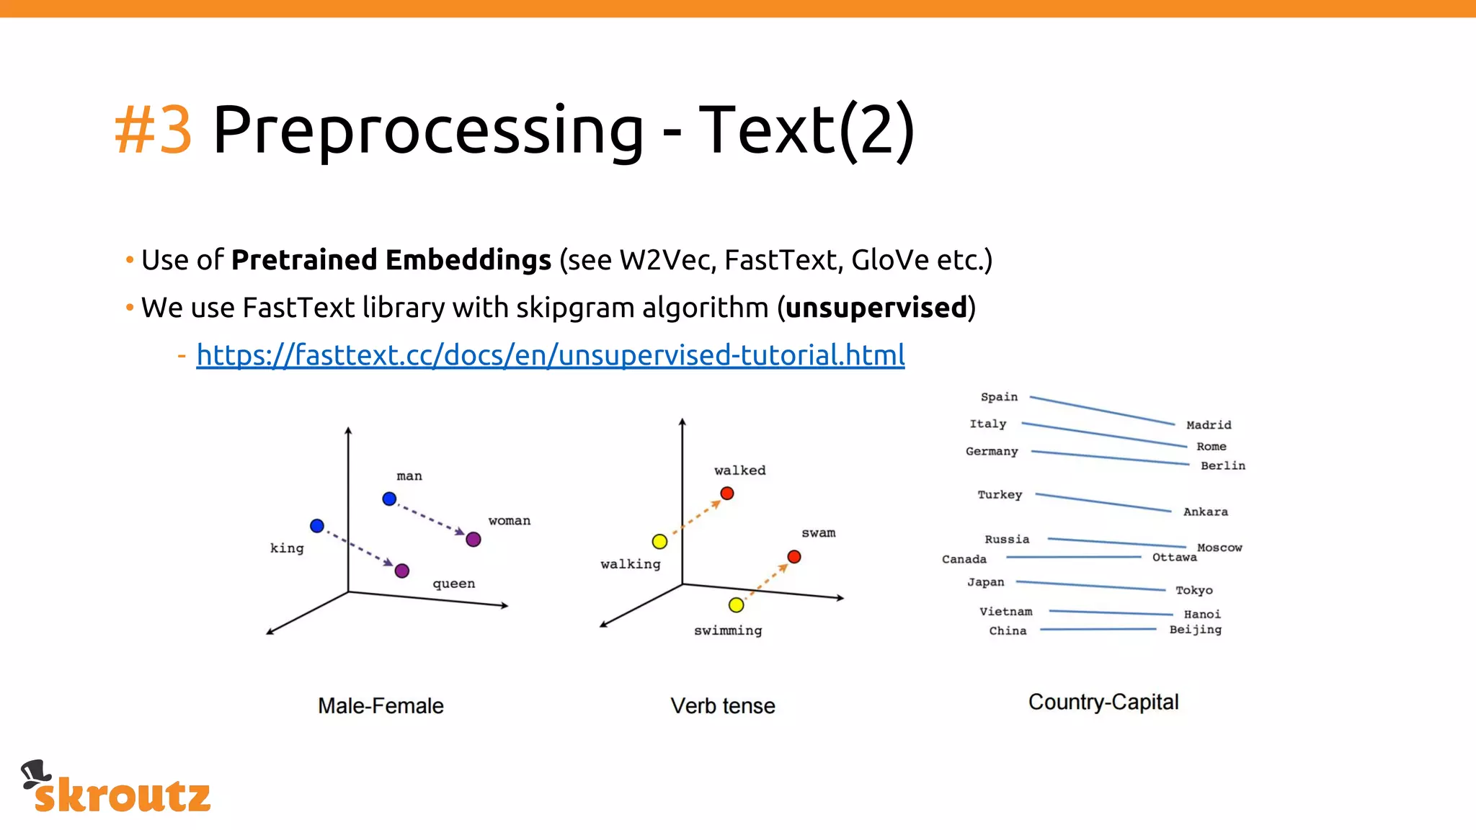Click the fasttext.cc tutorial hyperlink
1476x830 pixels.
click(550, 355)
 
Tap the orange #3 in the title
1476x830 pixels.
click(154, 130)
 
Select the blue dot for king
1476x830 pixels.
click(317, 526)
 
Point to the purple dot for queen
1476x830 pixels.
click(402, 571)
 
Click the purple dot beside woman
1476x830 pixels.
click(474, 540)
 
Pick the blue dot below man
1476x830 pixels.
click(389, 499)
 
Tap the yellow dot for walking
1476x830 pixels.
click(659, 541)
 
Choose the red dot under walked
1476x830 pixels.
click(727, 494)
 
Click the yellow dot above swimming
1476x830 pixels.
click(736, 605)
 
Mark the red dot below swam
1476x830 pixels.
click(794, 557)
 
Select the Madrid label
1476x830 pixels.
click(1209, 425)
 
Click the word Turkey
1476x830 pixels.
click(1000, 495)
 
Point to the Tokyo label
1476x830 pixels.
click(1194, 590)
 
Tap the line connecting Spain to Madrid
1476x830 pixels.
click(1102, 410)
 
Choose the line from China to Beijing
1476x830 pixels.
click(1098, 630)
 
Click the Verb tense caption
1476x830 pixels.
click(723, 705)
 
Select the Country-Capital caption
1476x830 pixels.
click(1103, 702)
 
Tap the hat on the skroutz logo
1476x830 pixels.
click(35, 773)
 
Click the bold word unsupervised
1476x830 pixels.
click(876, 308)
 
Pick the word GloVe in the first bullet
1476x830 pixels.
click(889, 260)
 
